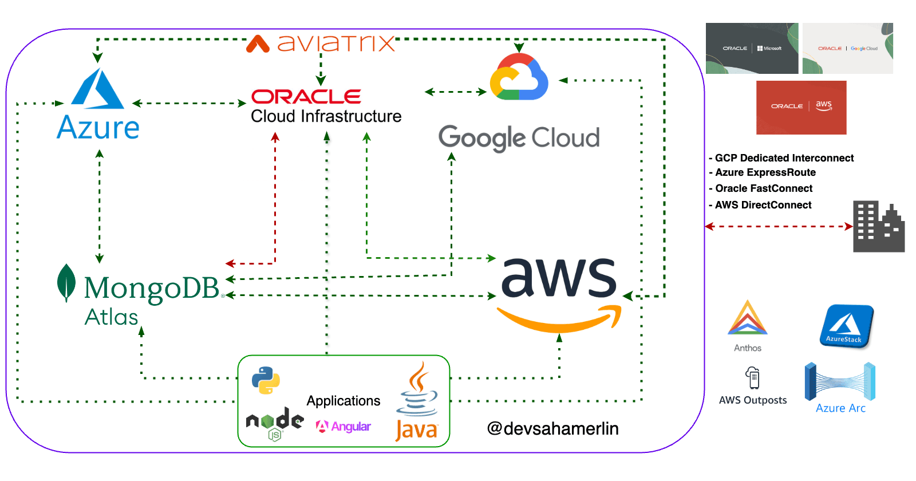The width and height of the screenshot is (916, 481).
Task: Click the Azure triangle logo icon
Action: [x=97, y=90]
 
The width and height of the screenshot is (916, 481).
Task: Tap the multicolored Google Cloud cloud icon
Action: [x=519, y=78]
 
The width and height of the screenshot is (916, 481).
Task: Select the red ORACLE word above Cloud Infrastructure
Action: [x=306, y=97]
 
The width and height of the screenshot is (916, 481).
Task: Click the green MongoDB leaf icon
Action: [x=66, y=282]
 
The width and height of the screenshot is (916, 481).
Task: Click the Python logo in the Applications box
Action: [x=266, y=380]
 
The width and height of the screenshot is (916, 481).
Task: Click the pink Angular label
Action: [x=344, y=427]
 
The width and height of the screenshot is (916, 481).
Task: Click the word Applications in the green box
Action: [x=343, y=401]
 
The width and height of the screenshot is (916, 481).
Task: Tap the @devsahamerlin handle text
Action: [x=552, y=428]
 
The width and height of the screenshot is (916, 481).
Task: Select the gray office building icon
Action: [x=878, y=227]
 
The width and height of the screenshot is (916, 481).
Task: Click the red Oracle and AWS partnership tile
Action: [x=801, y=107]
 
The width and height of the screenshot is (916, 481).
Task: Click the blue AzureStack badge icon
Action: [x=846, y=326]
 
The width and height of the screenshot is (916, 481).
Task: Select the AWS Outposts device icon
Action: [x=753, y=378]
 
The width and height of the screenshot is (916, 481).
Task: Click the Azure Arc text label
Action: [x=840, y=408]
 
